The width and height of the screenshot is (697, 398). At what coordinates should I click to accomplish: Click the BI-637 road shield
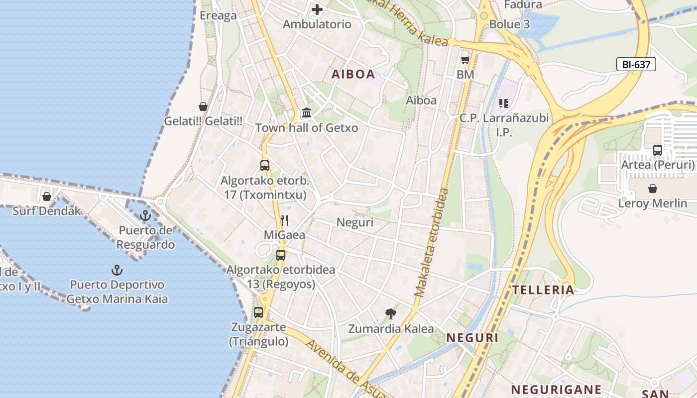636,64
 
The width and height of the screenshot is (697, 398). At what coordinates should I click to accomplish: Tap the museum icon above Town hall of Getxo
307,113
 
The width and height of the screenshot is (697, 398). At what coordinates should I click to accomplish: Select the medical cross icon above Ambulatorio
317,9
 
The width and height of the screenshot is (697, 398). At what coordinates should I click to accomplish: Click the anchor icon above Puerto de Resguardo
145,215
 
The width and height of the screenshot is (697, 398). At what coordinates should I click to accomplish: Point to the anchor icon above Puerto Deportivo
116,270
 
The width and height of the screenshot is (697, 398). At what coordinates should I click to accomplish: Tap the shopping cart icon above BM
465,60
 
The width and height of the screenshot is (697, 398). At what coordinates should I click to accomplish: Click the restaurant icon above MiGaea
284,220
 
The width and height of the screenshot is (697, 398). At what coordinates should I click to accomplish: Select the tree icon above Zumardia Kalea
391,313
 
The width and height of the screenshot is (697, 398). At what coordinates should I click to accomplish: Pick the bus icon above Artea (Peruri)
657,150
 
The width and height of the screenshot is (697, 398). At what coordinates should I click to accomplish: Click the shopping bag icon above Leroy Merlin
652,189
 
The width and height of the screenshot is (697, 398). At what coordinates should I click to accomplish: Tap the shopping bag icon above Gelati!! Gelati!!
203,106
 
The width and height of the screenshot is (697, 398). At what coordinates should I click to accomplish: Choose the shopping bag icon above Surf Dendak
47,197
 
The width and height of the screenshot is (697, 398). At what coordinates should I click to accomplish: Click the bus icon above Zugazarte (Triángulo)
258,312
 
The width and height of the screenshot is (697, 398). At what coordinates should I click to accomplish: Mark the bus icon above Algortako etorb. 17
265,166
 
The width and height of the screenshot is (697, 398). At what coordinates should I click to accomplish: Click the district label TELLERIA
543,290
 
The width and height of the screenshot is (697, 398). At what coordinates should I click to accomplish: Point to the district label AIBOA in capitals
353,75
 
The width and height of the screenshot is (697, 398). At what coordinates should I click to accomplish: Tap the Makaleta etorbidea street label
431,242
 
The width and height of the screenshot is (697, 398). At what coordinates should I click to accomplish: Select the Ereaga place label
218,15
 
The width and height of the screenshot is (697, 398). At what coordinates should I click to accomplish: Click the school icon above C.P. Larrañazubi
503,103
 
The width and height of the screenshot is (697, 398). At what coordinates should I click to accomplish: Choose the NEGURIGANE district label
556,389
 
